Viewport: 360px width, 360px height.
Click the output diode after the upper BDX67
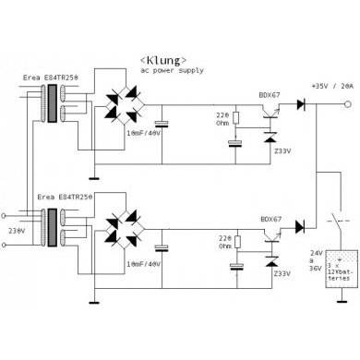[299, 104]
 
